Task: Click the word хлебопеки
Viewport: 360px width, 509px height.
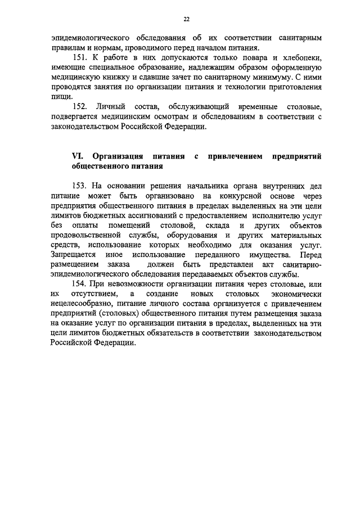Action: pyautogui.click(x=303, y=58)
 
